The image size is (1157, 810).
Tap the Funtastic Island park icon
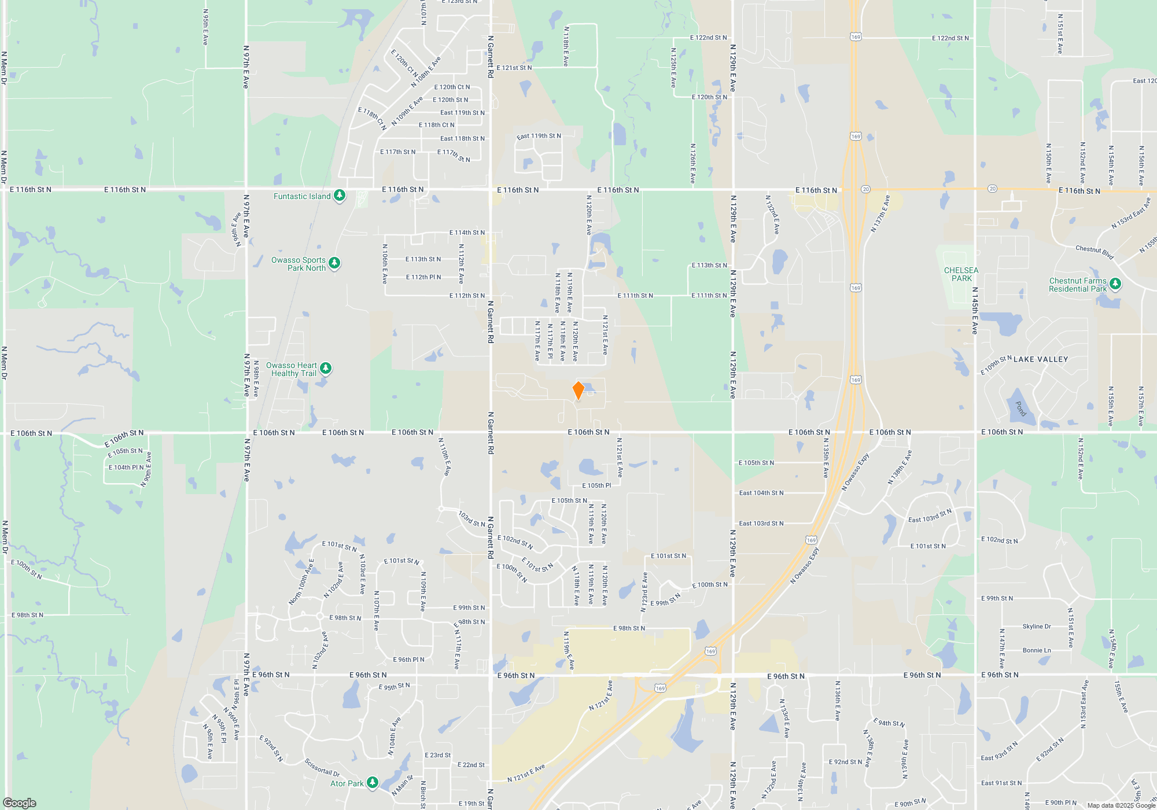tap(340, 196)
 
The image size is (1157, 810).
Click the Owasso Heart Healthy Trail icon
tap(326, 368)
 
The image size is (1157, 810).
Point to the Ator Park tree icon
tap(373, 783)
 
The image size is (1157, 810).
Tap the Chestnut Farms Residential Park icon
tap(1115, 284)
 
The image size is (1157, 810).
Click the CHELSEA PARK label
tap(961, 274)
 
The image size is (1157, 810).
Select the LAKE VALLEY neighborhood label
tap(1041, 359)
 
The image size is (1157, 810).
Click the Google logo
tap(20, 802)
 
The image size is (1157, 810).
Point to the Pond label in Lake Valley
tap(1021, 408)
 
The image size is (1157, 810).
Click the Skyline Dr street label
tap(1036, 627)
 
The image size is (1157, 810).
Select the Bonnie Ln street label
tap(1036, 650)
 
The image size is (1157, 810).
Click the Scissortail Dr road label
tap(322, 767)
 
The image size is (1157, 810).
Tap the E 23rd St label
tap(437, 755)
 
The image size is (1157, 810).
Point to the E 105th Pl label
tap(596, 485)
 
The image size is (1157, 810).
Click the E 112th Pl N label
tap(423, 277)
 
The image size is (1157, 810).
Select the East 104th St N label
tap(761, 493)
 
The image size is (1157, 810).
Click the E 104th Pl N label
tap(126, 467)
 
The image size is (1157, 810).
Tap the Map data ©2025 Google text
tap(1121, 805)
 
